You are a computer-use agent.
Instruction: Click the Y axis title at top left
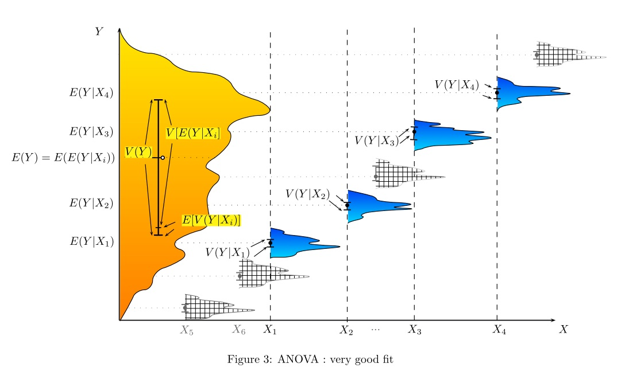coord(99,32)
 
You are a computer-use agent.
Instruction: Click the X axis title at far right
coord(563,329)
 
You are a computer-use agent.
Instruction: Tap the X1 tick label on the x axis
coord(270,330)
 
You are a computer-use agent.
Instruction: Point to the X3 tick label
coord(415,330)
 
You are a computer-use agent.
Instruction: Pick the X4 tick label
coord(499,330)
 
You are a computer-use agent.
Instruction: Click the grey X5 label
coord(187,330)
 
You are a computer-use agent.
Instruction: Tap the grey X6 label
coord(239,330)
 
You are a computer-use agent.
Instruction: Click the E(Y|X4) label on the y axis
coord(91,93)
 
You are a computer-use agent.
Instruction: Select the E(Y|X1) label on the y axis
coord(91,241)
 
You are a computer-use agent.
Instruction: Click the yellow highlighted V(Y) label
coord(138,152)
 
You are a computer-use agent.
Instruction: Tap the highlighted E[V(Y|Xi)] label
coord(211,220)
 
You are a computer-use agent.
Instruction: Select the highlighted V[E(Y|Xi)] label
coord(196,133)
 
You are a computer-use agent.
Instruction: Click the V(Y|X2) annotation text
coord(307,194)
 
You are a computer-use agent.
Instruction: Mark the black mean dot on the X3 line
coord(414,132)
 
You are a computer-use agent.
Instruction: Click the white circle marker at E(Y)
coord(163,158)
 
